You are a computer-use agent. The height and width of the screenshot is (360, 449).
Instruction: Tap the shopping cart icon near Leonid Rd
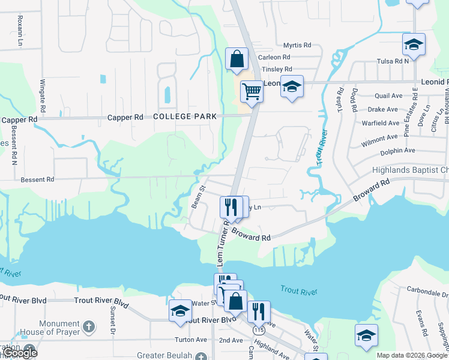(252, 92)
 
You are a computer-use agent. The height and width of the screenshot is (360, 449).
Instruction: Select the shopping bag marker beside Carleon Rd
(237, 59)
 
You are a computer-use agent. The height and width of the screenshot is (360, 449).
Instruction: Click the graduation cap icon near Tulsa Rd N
(414, 44)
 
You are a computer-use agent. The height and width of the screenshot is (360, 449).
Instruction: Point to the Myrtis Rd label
(297, 45)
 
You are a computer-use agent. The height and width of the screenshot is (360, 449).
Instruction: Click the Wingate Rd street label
(43, 97)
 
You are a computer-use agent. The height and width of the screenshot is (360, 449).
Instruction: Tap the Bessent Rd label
(37, 179)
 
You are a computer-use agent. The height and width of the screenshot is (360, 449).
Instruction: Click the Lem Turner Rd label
(220, 243)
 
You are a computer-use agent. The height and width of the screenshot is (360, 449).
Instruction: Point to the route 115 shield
(259, 330)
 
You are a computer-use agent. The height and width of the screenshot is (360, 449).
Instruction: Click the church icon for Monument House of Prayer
(88, 327)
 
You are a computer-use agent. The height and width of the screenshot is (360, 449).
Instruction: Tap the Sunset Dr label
(112, 321)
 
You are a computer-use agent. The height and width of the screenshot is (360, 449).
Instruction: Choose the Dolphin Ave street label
(397, 151)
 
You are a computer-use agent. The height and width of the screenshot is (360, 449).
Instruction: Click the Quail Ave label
(388, 95)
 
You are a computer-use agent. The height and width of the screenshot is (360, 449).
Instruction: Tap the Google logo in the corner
(19, 352)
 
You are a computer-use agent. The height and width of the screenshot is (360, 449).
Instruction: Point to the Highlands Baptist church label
(415, 171)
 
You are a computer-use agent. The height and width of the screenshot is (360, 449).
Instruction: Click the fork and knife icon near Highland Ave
(259, 311)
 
